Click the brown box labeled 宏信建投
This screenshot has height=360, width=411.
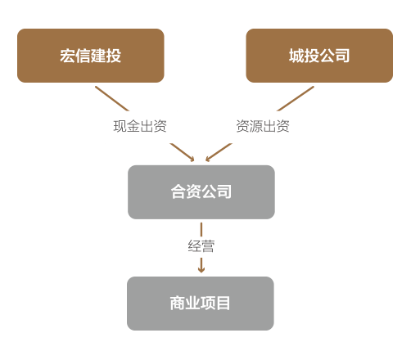pos(91,56)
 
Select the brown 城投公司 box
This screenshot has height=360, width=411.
pos(319,56)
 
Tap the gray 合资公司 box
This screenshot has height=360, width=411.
pos(201,192)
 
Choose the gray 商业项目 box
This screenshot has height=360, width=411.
pos(201,304)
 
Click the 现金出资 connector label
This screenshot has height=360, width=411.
pos(140,126)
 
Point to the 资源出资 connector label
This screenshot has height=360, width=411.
pos(263,126)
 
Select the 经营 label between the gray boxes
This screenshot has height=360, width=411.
pos(201,246)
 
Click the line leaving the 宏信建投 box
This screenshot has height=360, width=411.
pos(112,99)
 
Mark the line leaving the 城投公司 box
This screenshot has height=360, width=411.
pos(296,99)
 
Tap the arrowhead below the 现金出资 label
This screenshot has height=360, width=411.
pos(192,160)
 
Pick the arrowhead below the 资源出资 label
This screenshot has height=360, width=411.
pos(208,159)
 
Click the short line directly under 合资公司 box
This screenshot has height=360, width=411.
pos(201,230)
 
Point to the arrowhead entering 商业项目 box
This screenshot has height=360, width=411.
pos(201,270)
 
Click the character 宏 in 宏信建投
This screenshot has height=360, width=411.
pos(68,56)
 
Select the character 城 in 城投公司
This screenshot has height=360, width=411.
pos(296,56)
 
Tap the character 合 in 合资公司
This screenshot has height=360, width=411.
pos(178,191)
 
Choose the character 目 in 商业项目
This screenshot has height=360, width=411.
pos(224,304)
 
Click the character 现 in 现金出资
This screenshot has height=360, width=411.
pos(120,126)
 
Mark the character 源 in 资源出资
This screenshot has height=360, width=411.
pos(256,126)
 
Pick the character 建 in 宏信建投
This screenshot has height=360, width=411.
pos(98,56)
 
